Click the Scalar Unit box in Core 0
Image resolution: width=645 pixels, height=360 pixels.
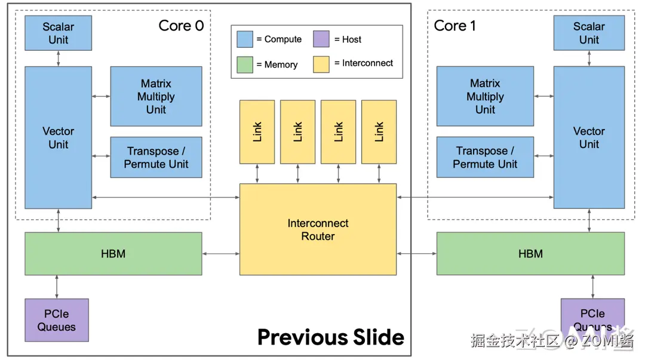[x=58, y=33]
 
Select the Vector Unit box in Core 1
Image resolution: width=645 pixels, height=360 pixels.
[x=589, y=137]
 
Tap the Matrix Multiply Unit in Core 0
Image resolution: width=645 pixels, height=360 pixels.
[x=156, y=96]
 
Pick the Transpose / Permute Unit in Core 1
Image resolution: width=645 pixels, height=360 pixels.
[x=485, y=157]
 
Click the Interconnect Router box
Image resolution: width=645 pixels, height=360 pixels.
[x=318, y=229]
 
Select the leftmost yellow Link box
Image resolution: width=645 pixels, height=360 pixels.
[x=257, y=131]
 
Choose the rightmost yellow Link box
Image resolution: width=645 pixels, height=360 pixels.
[x=379, y=131]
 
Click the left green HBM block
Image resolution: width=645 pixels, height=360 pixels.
[x=113, y=254]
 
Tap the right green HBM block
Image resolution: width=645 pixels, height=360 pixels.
[x=530, y=254]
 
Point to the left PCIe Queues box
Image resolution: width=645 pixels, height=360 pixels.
[x=57, y=320]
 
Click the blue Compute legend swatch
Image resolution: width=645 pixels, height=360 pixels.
[x=245, y=39]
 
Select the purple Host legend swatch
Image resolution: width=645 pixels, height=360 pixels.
[x=321, y=39]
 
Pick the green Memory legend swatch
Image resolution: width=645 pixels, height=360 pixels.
[x=245, y=64]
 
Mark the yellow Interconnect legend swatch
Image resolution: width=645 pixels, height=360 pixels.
[x=321, y=64]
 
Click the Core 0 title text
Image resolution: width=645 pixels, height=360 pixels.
[x=181, y=26]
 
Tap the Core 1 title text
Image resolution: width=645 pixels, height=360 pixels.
[x=454, y=26]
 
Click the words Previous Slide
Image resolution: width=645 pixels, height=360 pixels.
[x=330, y=337]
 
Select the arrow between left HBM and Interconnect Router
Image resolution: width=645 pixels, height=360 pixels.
[x=221, y=254]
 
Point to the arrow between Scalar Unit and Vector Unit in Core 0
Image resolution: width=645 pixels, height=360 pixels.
[x=58, y=59]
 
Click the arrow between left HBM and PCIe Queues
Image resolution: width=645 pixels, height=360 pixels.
[x=57, y=287]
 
